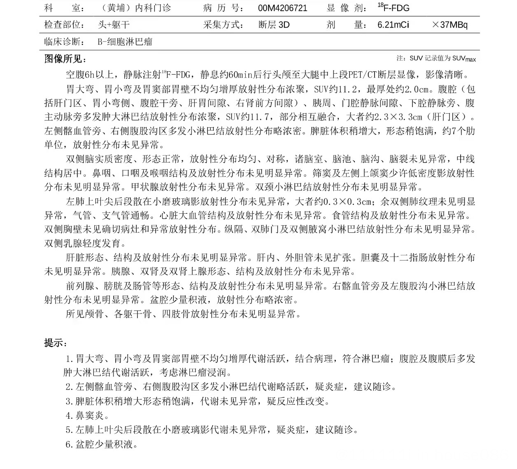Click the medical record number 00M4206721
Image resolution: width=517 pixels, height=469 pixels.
coord(282,8)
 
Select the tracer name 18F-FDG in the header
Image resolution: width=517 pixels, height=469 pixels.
coord(394,7)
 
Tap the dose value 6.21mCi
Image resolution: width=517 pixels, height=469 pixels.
coord(393,25)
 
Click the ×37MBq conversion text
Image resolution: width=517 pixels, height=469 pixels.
coord(449,25)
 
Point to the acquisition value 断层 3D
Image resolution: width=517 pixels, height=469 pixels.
coord(274,25)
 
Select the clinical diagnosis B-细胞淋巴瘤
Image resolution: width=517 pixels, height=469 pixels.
coord(125,42)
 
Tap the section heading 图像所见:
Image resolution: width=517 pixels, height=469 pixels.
coord(65,59)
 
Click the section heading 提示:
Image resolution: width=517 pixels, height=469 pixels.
coord(56,343)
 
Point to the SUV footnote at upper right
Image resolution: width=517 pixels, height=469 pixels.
coord(436,58)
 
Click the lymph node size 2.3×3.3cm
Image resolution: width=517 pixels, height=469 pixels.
coord(396,117)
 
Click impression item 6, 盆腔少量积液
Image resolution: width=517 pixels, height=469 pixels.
coord(102,444)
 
